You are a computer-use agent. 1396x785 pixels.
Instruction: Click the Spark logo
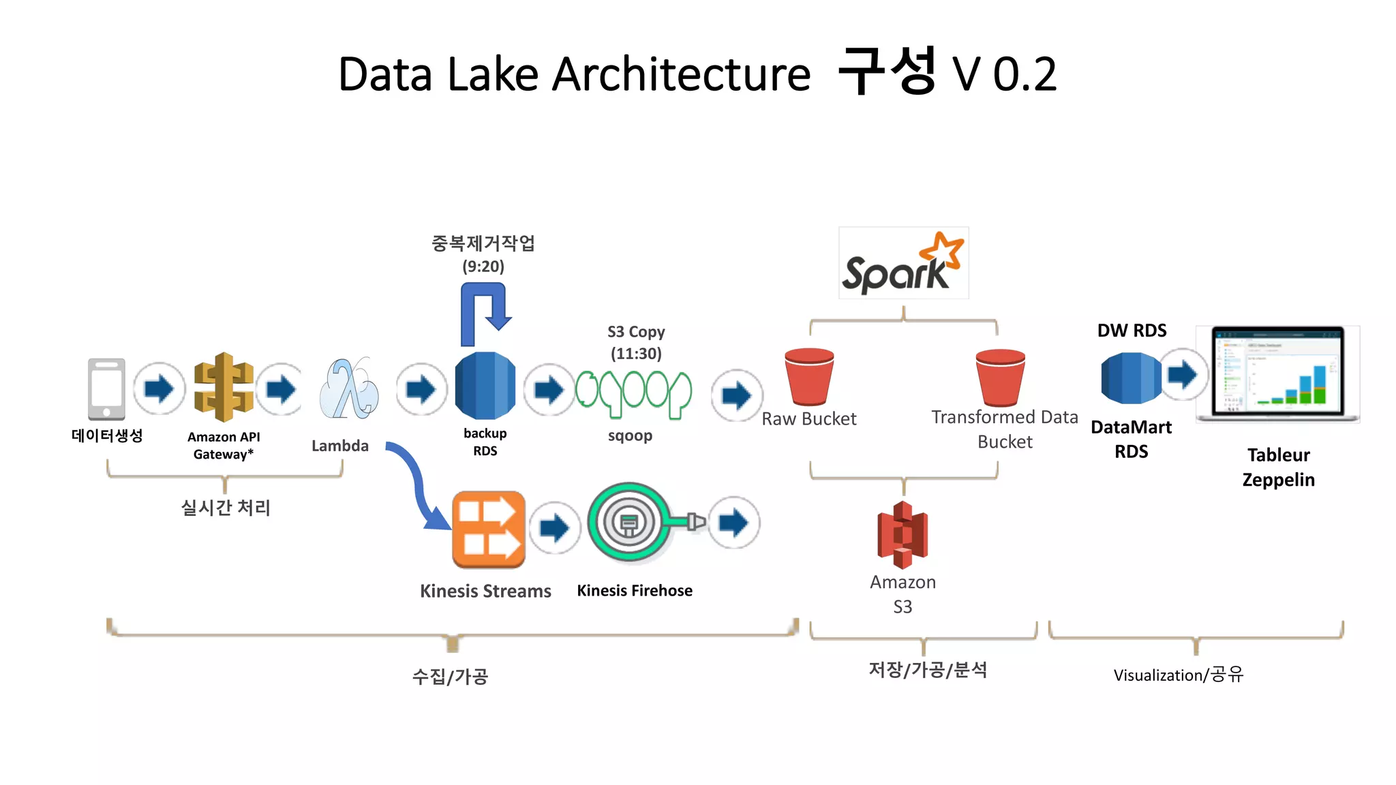click(x=902, y=264)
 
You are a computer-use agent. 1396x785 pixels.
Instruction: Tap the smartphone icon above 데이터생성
click(x=106, y=388)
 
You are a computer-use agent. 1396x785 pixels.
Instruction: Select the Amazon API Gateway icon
click(x=224, y=387)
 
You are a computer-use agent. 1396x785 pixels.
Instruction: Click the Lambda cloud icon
click(x=348, y=389)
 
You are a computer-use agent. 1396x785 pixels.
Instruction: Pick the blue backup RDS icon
click(x=485, y=386)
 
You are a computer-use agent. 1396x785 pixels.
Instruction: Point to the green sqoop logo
click(x=633, y=394)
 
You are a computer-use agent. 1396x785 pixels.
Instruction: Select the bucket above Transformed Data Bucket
click(x=1000, y=378)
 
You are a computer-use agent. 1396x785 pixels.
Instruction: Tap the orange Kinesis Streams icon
click(x=488, y=529)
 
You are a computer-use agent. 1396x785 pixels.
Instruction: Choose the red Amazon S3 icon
click(x=902, y=535)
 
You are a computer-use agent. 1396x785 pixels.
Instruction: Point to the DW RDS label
click(x=1132, y=330)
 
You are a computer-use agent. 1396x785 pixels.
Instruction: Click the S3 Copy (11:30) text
click(x=636, y=343)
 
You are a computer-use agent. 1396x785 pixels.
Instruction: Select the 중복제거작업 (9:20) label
click(x=483, y=254)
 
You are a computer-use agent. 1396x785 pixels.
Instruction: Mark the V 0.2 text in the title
click(x=1004, y=74)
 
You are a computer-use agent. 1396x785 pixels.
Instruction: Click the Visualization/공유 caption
click(x=1179, y=675)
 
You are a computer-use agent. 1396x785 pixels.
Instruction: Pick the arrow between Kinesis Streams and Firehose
click(x=555, y=527)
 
